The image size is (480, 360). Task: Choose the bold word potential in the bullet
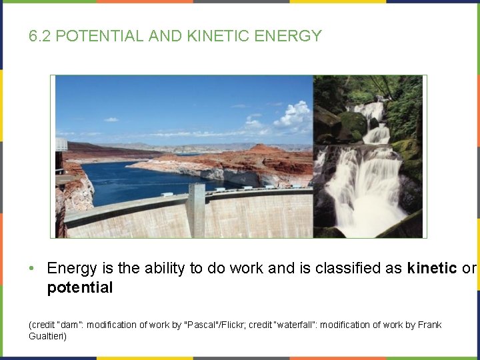click(79, 288)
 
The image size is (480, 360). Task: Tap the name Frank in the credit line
click(429, 325)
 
